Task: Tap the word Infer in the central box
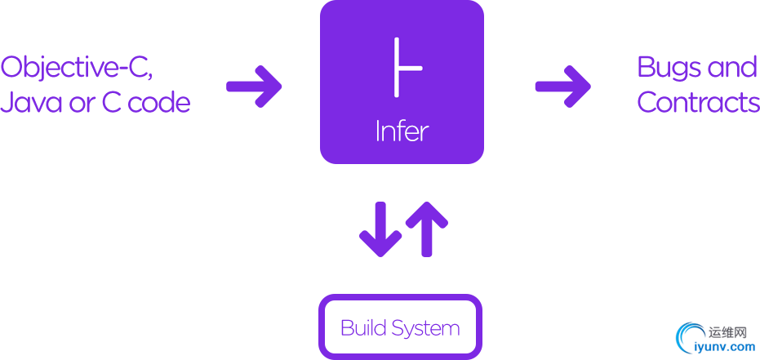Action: (x=402, y=131)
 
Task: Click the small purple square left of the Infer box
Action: (x=254, y=86)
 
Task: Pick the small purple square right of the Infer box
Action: (x=562, y=86)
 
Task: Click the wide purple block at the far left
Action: (x=90, y=82)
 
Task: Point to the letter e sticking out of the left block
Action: (x=185, y=104)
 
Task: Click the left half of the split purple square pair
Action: (x=380, y=229)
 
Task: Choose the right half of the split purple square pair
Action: (x=427, y=229)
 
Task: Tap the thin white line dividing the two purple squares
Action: (x=403, y=229)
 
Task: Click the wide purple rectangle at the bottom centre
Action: (x=400, y=326)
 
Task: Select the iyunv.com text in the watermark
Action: (x=724, y=347)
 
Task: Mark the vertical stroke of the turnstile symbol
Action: (x=397, y=65)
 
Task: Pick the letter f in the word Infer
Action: (x=402, y=131)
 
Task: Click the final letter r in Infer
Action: (x=424, y=133)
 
